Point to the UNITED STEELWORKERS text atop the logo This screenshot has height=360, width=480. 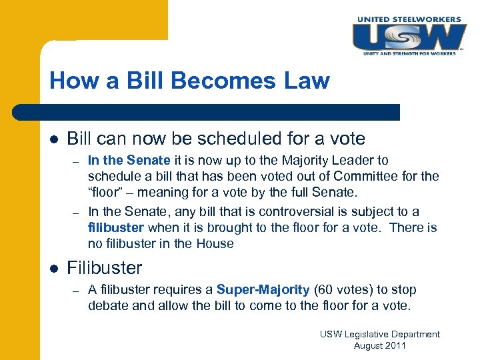pos(409,19)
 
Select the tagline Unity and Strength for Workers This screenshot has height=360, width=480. pos(409,53)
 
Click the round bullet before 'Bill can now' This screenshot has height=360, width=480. pos(54,139)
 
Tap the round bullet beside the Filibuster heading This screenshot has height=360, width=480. pos(54,269)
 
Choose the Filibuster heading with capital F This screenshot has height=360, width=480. pos(105,268)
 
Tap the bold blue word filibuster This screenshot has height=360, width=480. pos(115,227)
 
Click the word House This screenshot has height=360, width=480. pos(215,243)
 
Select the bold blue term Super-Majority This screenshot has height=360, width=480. pos(263,289)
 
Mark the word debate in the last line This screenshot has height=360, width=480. pos(107,305)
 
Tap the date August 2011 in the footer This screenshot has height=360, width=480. pos(379,345)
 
